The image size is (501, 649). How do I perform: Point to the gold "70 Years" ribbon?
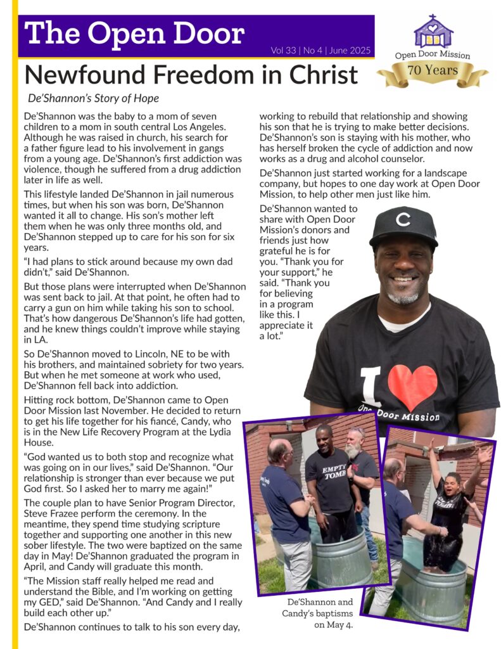tap(433, 71)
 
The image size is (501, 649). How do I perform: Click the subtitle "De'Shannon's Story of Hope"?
tap(93, 99)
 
